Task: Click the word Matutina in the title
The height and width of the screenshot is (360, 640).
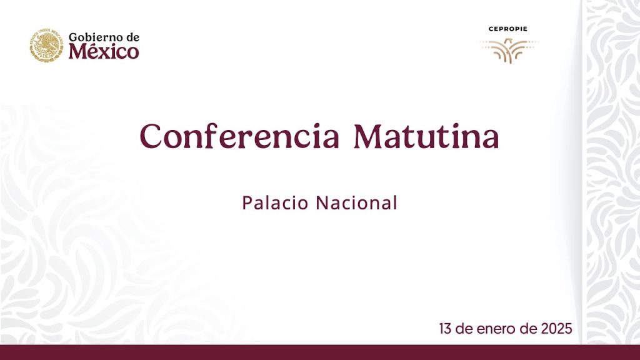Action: pos(426,136)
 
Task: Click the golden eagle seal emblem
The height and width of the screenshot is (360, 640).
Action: pos(46,45)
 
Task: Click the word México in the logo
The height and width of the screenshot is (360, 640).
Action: pos(104,52)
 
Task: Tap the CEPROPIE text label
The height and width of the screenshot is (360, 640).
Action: pos(507,29)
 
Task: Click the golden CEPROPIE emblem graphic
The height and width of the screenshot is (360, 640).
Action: pos(507,49)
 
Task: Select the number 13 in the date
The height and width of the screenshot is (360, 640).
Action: pos(445,328)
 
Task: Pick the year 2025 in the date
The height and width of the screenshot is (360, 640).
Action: pos(555,328)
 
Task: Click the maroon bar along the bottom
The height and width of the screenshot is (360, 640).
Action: pos(320,352)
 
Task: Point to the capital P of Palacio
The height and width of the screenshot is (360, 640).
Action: pos(247,202)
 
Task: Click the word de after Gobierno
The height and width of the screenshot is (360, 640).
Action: pos(131,37)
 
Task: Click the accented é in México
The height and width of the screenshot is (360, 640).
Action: pos(91,51)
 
